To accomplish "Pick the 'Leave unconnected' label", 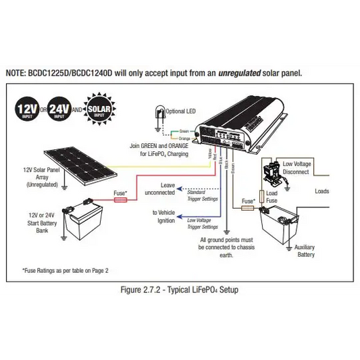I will tap(161, 188).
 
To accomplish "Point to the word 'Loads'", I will tap(322, 191).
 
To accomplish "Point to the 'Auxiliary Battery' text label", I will tap(305, 251).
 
